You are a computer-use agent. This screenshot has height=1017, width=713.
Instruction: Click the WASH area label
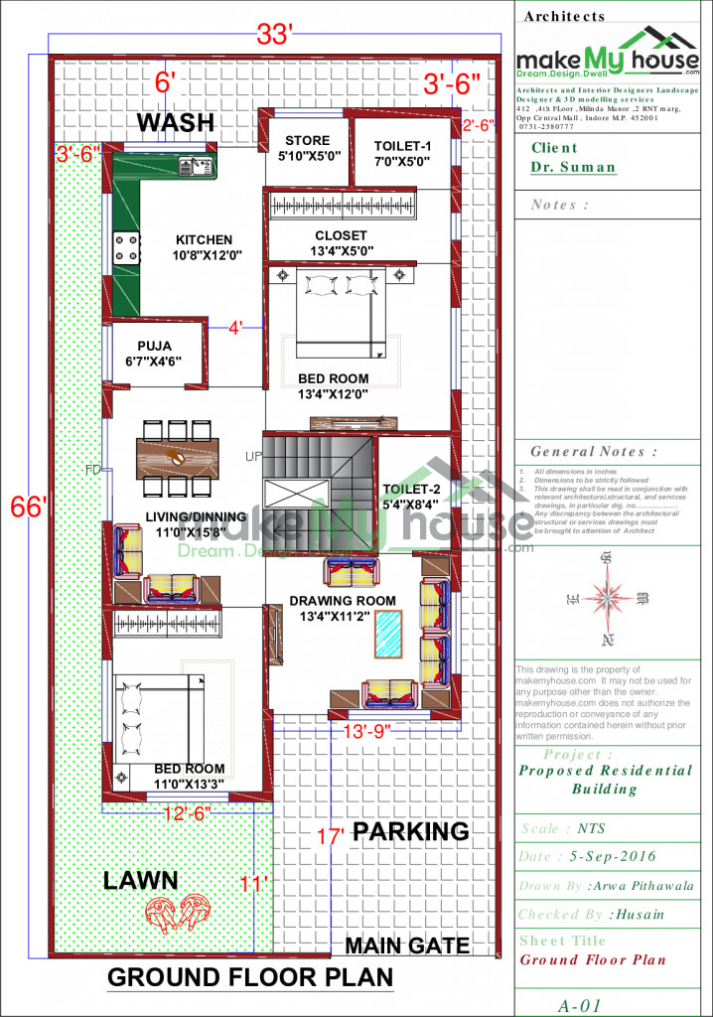click(175, 122)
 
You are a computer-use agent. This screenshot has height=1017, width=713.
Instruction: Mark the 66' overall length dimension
click(28, 507)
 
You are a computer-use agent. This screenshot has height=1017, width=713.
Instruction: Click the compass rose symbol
click(605, 597)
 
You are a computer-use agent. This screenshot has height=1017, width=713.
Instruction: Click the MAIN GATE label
click(407, 945)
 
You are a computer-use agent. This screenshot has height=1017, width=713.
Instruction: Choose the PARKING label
click(411, 831)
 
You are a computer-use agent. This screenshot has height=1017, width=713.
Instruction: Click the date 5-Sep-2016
click(612, 856)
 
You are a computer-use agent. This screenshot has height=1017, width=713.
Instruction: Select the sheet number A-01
click(579, 1005)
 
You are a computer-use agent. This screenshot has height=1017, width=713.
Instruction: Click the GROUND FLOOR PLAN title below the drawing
click(249, 977)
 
